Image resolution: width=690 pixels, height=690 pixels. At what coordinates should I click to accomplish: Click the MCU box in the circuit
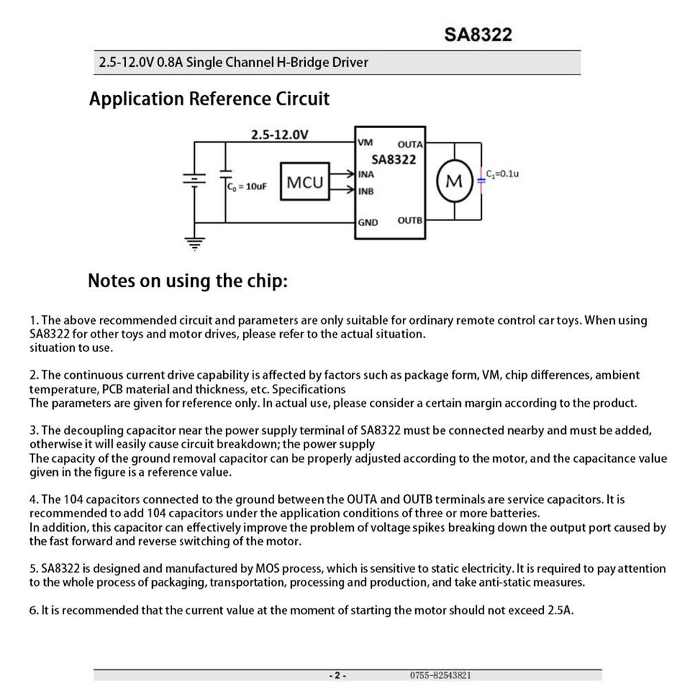[x=304, y=182]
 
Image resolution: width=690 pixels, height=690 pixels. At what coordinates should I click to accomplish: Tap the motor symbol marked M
[x=454, y=182]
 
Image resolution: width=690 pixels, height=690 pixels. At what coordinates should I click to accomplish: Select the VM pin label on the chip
[x=365, y=143]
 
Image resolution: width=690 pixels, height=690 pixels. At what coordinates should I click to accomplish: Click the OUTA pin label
[x=410, y=145]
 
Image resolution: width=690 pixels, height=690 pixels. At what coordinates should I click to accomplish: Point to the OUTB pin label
[x=410, y=221]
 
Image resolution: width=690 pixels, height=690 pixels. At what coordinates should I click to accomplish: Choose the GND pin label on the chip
[x=368, y=222]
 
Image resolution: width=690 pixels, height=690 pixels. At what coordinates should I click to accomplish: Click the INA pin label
[x=366, y=174]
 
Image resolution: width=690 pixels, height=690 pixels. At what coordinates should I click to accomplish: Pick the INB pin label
[x=366, y=191]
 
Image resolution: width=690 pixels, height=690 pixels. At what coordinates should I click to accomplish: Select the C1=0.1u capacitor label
[x=502, y=174]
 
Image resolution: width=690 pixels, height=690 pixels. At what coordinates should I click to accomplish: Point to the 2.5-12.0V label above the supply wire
[x=279, y=134]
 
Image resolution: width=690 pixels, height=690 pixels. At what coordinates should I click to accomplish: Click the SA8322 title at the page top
[x=478, y=35]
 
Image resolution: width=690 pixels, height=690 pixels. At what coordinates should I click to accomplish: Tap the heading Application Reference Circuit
[x=209, y=99]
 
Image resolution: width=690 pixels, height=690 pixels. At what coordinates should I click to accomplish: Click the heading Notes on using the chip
[x=187, y=281]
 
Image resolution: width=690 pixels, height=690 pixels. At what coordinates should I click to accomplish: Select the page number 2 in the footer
[x=337, y=676]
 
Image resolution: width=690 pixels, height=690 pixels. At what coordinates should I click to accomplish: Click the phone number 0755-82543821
[x=441, y=676]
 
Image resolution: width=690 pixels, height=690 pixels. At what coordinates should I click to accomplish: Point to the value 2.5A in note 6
[x=560, y=610]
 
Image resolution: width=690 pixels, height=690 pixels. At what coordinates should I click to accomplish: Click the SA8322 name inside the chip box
[x=394, y=160]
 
